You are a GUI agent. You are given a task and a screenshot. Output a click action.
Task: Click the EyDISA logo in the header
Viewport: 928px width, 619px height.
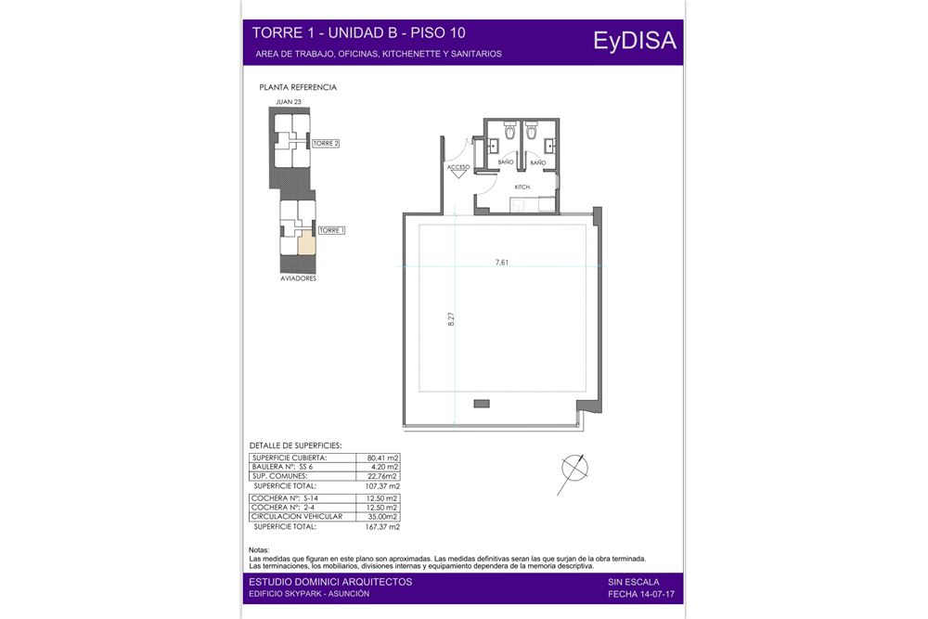pyautogui.click(x=635, y=41)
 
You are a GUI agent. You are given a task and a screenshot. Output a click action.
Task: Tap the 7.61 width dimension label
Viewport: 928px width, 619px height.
pyautogui.click(x=502, y=262)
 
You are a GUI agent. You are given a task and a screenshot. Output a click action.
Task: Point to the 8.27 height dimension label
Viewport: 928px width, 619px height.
pyautogui.click(x=451, y=319)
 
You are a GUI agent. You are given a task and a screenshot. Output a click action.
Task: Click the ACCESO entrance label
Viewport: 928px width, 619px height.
pyautogui.click(x=458, y=167)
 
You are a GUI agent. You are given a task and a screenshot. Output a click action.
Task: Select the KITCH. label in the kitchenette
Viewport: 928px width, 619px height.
pyautogui.click(x=522, y=187)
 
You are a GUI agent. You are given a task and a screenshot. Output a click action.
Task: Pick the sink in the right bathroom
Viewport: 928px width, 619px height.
pyautogui.click(x=549, y=145)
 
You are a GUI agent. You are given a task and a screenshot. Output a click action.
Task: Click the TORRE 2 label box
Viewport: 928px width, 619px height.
pyautogui.click(x=326, y=143)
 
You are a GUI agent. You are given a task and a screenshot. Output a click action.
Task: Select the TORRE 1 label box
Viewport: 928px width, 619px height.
pyautogui.click(x=331, y=230)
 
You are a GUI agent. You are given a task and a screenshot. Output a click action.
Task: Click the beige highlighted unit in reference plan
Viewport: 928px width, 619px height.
pyautogui.click(x=306, y=245)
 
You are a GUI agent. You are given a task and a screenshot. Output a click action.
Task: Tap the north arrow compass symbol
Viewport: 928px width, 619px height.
pyautogui.click(x=574, y=470)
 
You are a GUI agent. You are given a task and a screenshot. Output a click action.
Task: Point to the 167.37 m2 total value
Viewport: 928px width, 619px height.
pyautogui.click(x=382, y=527)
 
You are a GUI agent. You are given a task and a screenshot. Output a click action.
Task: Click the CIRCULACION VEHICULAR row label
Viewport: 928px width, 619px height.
pyautogui.click(x=297, y=517)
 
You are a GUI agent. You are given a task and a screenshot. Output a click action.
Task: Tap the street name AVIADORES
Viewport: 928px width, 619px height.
pyautogui.click(x=298, y=278)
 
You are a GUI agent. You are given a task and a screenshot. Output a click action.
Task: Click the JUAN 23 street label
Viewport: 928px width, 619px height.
pyautogui.click(x=289, y=102)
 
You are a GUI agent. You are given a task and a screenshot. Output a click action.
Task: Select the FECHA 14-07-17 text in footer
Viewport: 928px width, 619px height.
pyautogui.click(x=641, y=594)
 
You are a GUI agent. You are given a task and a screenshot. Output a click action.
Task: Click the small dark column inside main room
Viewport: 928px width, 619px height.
pyautogui.click(x=482, y=404)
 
